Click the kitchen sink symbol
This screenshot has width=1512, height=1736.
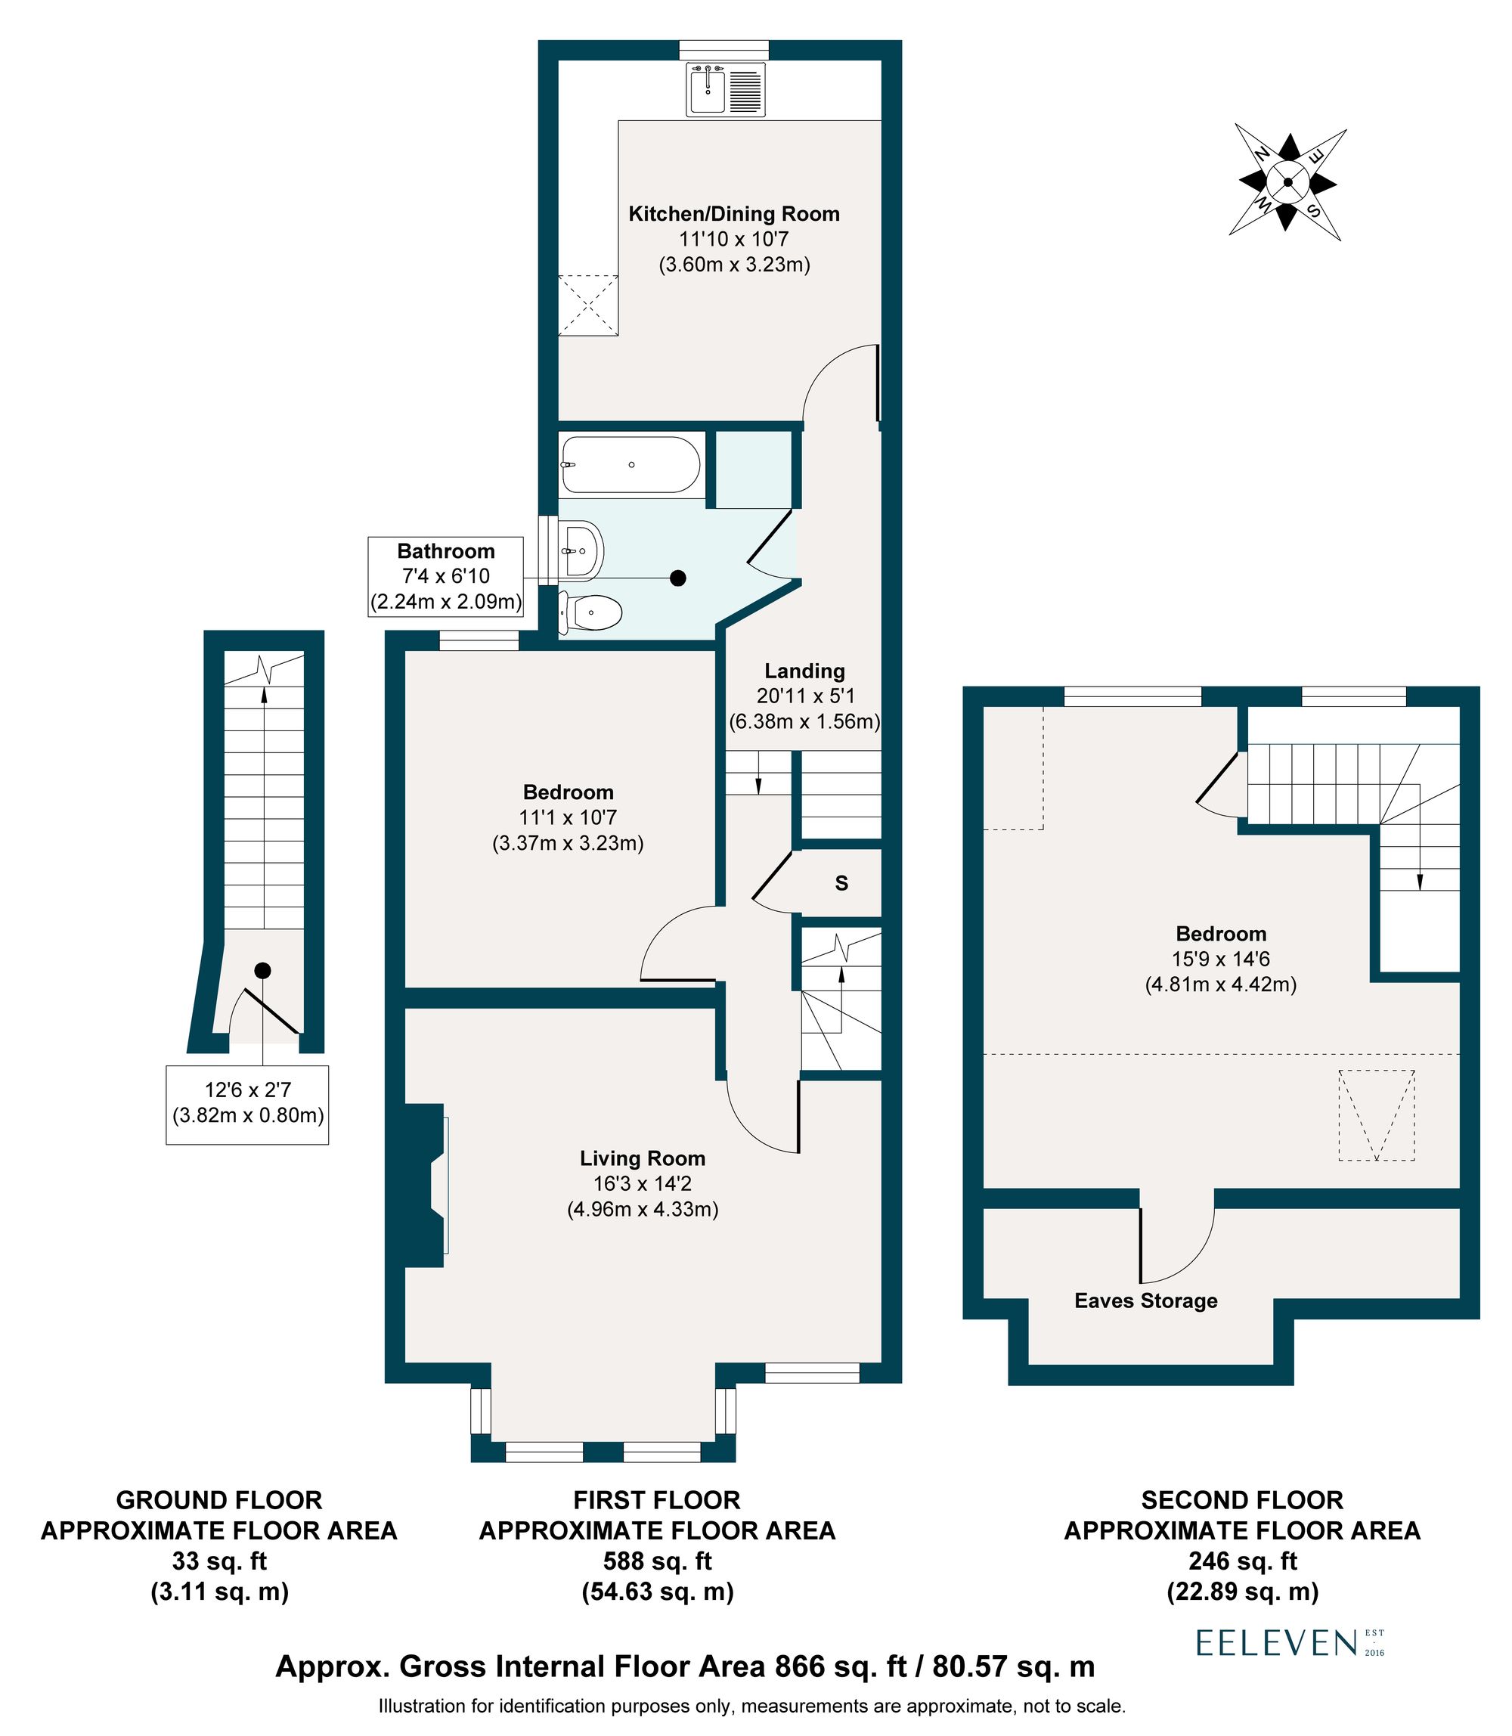(x=727, y=88)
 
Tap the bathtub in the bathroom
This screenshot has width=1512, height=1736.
(x=631, y=464)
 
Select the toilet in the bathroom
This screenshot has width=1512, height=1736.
(x=592, y=611)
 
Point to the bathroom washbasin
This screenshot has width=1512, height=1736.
(x=582, y=550)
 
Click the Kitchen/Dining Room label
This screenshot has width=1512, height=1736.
(x=733, y=215)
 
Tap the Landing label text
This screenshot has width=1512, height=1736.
(x=804, y=671)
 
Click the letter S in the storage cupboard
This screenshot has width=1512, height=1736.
(x=841, y=884)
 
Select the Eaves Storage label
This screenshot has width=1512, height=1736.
(x=1145, y=1300)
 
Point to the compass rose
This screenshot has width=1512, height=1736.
(x=1287, y=182)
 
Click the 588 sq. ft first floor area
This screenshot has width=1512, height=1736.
(x=656, y=1561)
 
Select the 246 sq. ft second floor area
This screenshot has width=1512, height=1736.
(x=1241, y=1561)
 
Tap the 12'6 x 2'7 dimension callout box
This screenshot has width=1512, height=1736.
(x=247, y=1105)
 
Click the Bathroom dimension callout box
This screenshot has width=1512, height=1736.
(x=445, y=577)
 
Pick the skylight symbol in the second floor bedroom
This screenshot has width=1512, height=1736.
(x=1376, y=1116)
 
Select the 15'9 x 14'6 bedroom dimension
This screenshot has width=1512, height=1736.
(x=1220, y=959)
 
